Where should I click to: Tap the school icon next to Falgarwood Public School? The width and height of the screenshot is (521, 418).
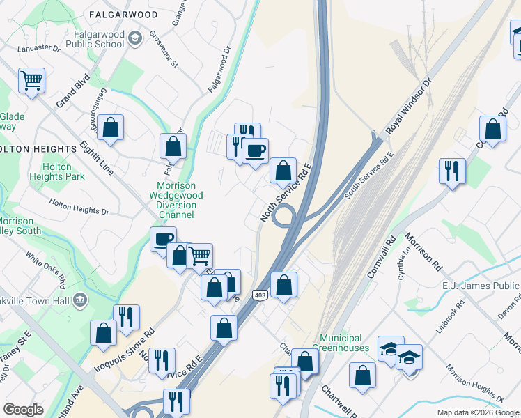pyautogui.click(x=136, y=38)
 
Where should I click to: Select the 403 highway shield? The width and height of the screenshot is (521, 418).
pyautogui.click(x=260, y=295)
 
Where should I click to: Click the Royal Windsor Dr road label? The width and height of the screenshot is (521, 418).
pyautogui.click(x=410, y=106)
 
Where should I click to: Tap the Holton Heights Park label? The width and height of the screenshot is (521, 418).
pyautogui.click(x=63, y=171)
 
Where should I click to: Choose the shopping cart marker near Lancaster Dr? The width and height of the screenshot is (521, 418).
pyautogui.click(x=31, y=81)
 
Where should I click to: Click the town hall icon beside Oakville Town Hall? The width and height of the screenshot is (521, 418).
pyautogui.click(x=81, y=300)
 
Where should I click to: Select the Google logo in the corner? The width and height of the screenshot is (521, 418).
pyautogui.click(x=24, y=410)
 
